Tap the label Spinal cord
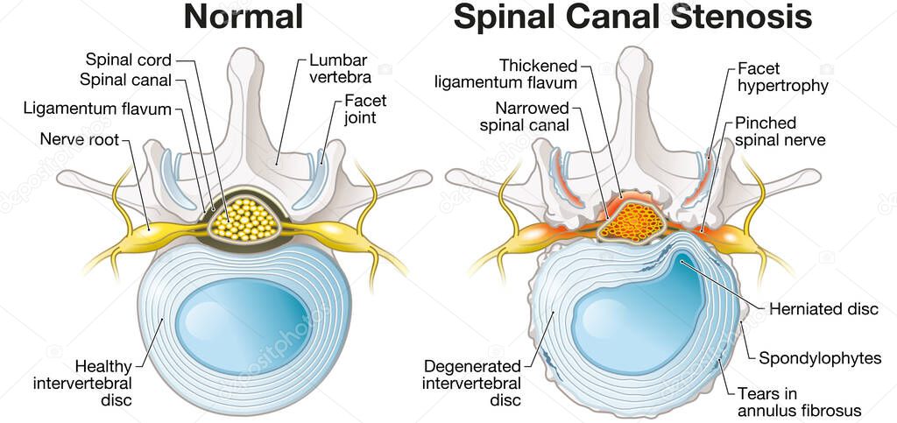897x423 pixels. click(128, 60)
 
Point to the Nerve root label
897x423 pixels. click(79, 139)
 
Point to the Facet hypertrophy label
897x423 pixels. click(782, 77)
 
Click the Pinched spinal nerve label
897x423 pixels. click(780, 131)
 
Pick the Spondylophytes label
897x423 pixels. click(820, 358)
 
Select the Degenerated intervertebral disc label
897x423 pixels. click(472, 383)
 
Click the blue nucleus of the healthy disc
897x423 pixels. click(242, 316)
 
